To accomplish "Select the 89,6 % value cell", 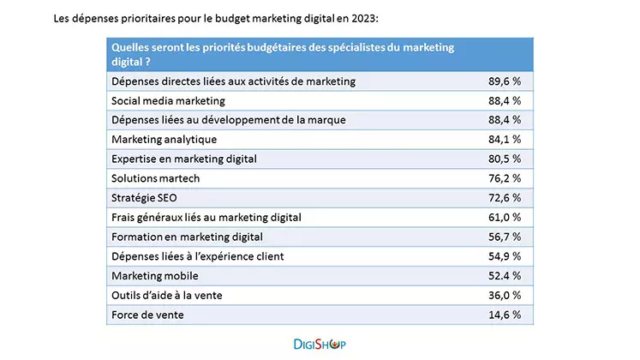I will [504, 81].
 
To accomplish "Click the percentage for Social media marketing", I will [504, 100].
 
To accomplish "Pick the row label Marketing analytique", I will [164, 139].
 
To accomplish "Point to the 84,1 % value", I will [504, 139].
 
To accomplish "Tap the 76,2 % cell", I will [504, 178].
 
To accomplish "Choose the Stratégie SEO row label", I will [146, 198].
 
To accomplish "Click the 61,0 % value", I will [504, 218].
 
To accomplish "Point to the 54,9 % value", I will [504, 256].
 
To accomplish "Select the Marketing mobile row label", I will [155, 276].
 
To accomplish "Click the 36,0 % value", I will [504, 295].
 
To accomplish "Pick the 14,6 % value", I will [504, 315].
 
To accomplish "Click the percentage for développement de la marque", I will [504, 120].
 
